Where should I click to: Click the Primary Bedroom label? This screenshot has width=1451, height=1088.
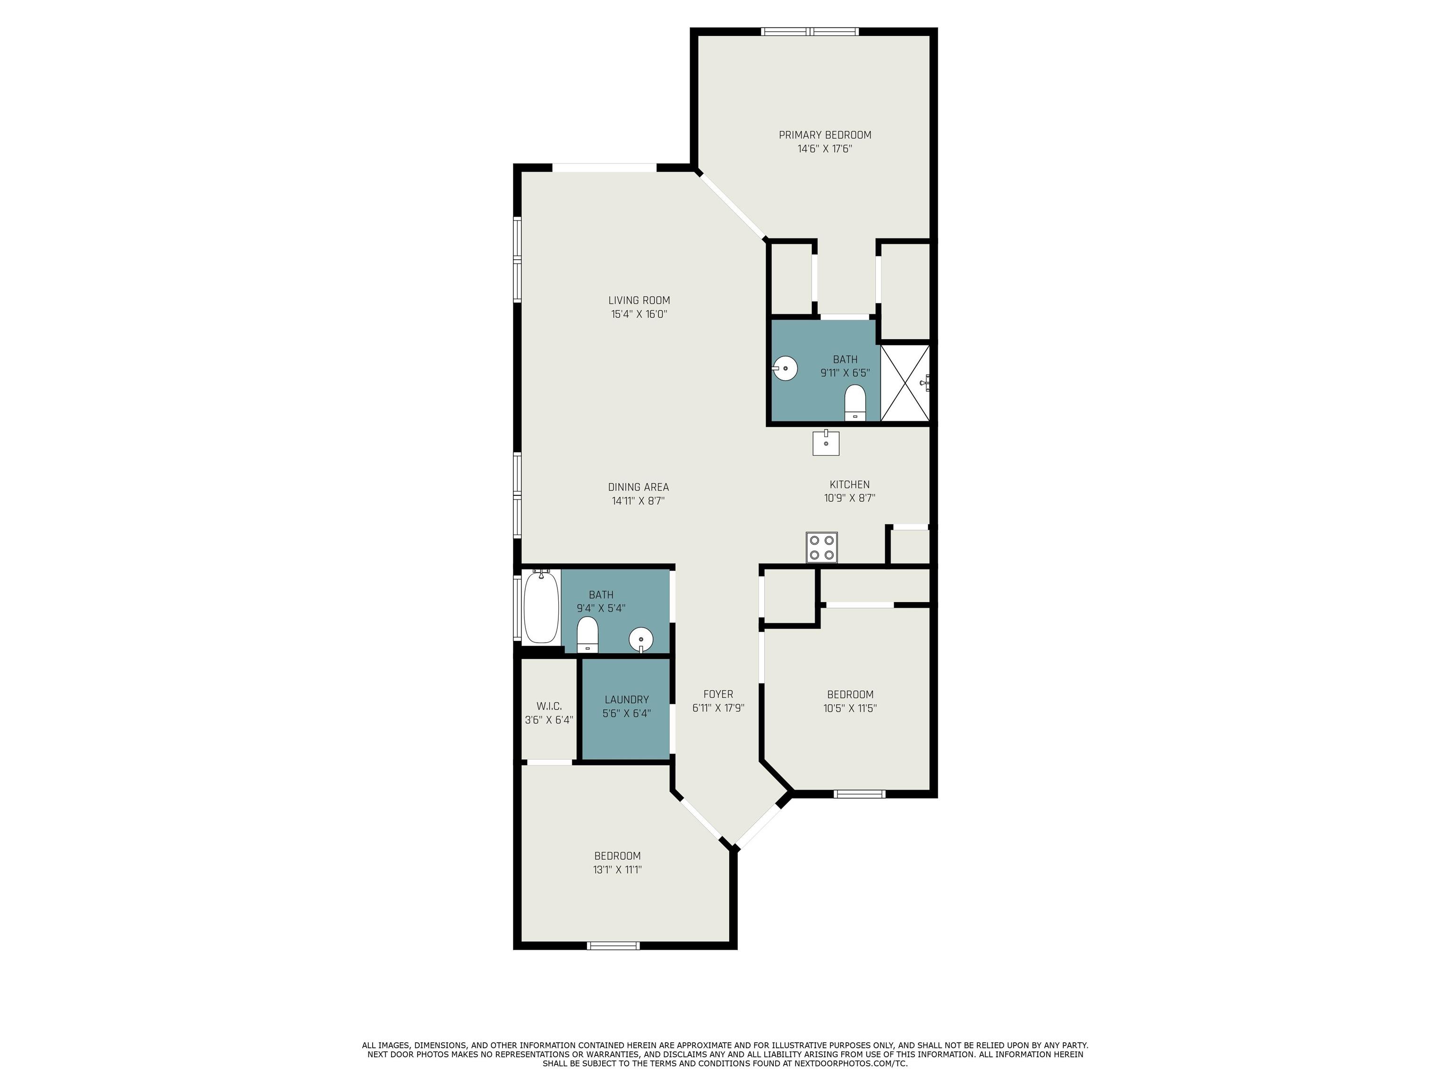click(x=825, y=135)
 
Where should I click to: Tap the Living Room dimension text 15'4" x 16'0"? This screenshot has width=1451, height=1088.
click(x=639, y=314)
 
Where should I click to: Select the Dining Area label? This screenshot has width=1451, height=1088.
click(x=638, y=487)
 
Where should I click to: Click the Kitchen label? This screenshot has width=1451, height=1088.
click(x=849, y=484)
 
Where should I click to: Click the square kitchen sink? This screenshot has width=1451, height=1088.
click(x=826, y=442)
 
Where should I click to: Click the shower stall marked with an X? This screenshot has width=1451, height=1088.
click(x=905, y=383)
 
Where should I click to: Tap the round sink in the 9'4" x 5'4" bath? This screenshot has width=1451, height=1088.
click(x=641, y=639)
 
